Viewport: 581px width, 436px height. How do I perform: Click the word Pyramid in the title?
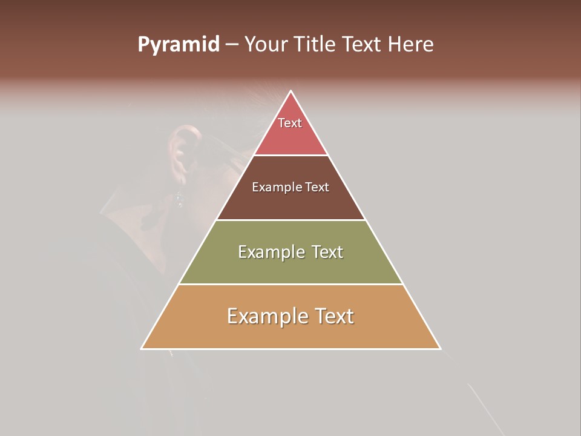[179, 45]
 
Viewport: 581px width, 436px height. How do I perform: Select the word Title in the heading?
[318, 45]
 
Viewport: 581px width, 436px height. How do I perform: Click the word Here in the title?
[411, 45]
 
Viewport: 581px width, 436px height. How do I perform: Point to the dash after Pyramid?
[231, 45]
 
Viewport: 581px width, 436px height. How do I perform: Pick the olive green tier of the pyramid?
[290, 266]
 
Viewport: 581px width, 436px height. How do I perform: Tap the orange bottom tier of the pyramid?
[290, 333]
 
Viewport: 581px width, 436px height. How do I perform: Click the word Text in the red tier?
[290, 123]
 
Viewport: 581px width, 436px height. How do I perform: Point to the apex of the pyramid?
[290, 91]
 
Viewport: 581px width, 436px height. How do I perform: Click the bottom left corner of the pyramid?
[142, 348]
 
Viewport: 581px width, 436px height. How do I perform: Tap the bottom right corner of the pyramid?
[440, 348]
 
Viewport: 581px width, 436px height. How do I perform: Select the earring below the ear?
[179, 199]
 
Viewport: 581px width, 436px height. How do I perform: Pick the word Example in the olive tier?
[266, 252]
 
